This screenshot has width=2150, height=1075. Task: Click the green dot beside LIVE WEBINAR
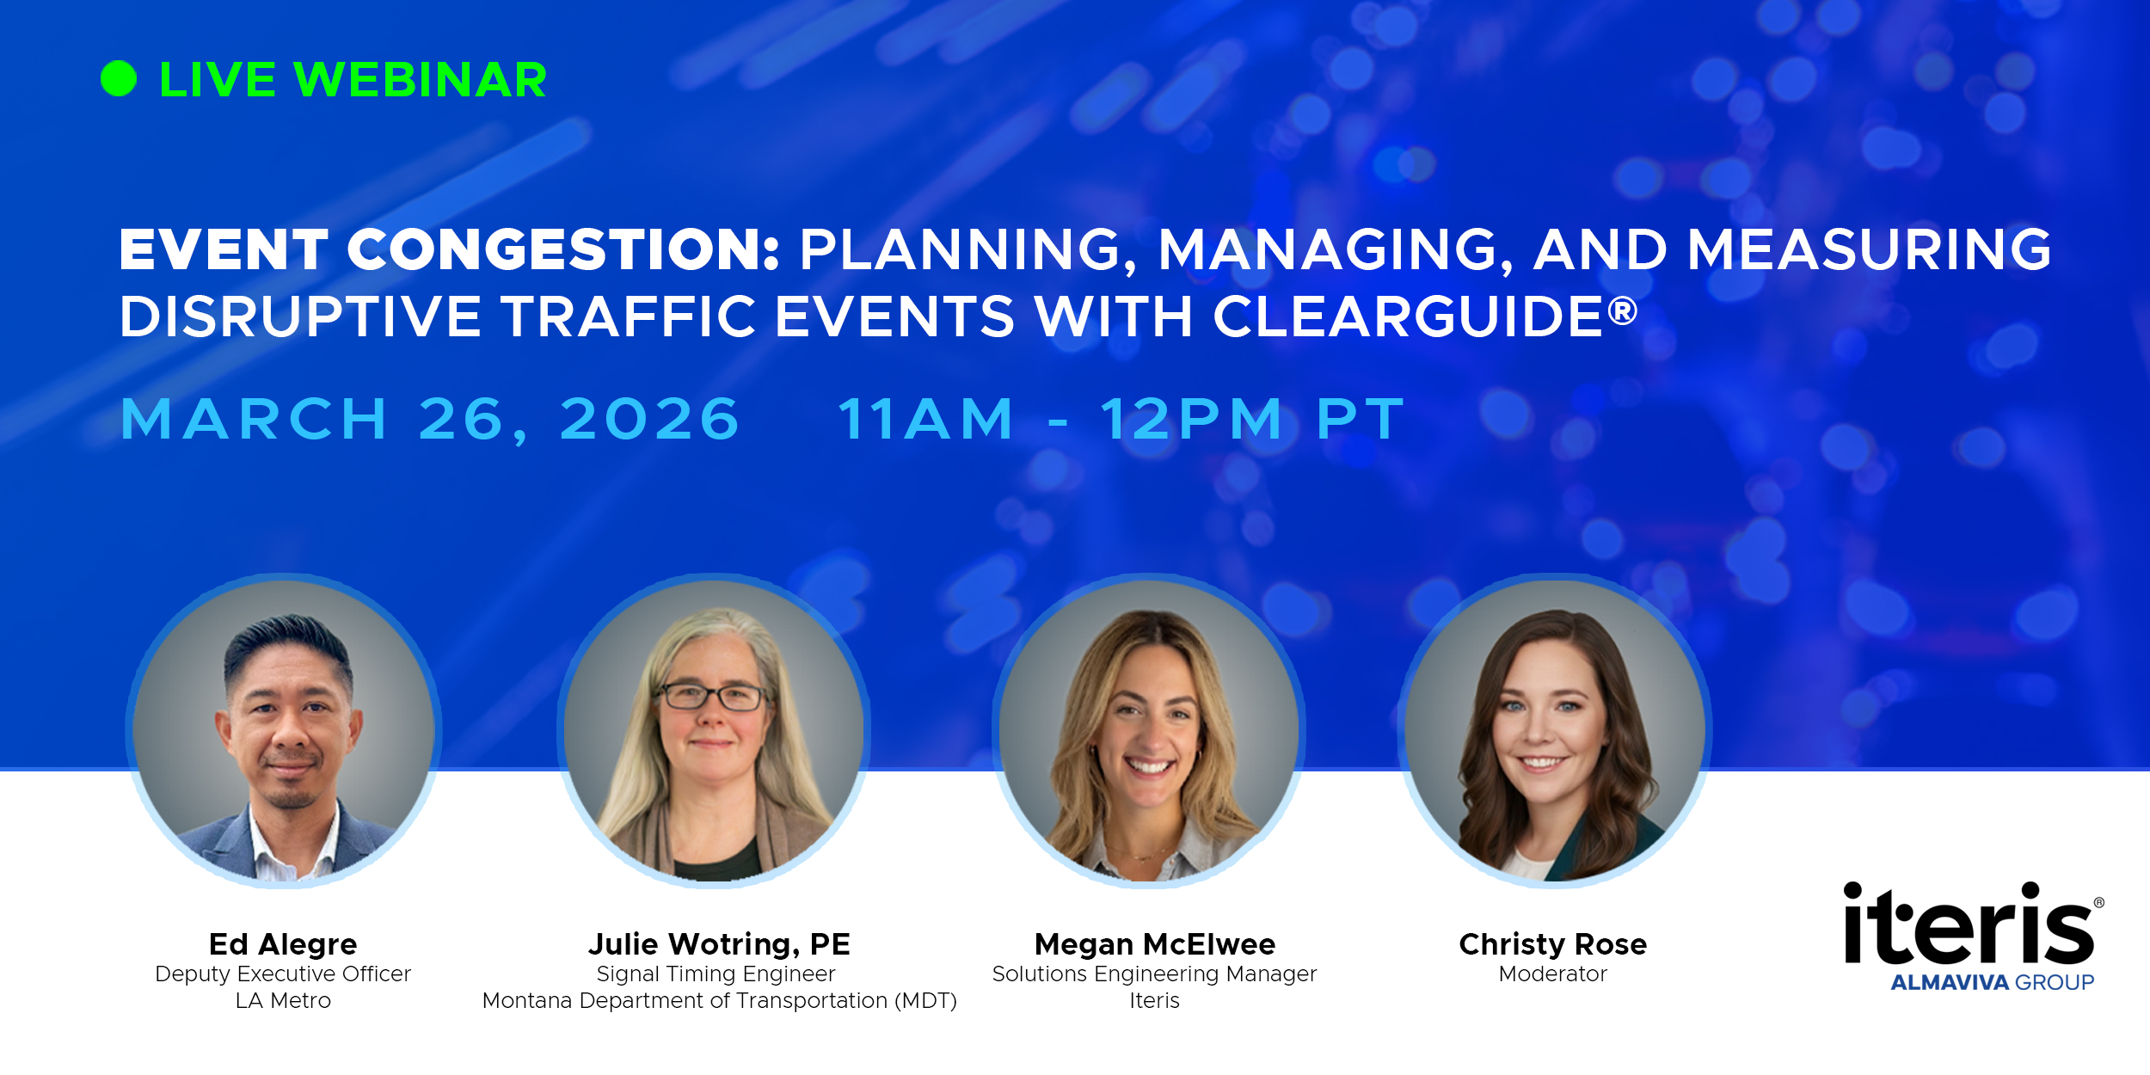(x=119, y=79)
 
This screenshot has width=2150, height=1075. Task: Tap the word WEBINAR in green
(x=420, y=80)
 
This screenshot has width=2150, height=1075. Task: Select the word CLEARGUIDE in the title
(x=1408, y=316)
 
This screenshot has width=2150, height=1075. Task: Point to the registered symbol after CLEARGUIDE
(x=1622, y=310)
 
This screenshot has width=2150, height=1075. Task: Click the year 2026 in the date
(x=649, y=420)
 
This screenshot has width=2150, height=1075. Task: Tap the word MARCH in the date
(x=254, y=420)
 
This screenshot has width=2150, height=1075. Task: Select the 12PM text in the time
(x=1192, y=420)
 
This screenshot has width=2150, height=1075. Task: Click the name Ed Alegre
(x=283, y=944)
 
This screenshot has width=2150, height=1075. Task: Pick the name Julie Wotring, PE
(x=719, y=944)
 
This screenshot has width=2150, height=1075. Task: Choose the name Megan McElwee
(x=1155, y=944)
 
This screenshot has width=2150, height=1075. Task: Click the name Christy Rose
(x=1553, y=944)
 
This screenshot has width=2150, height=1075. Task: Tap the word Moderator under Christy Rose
(x=1553, y=974)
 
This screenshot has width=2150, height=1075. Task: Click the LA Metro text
(x=283, y=1000)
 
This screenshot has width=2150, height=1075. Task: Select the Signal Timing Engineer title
(x=716, y=974)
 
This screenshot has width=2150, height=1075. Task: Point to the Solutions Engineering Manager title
(x=1154, y=974)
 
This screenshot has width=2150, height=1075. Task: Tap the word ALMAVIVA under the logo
(x=1949, y=982)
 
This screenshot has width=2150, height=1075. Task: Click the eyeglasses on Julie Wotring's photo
(x=712, y=695)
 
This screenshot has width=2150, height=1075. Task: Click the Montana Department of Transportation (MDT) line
(x=719, y=1001)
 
